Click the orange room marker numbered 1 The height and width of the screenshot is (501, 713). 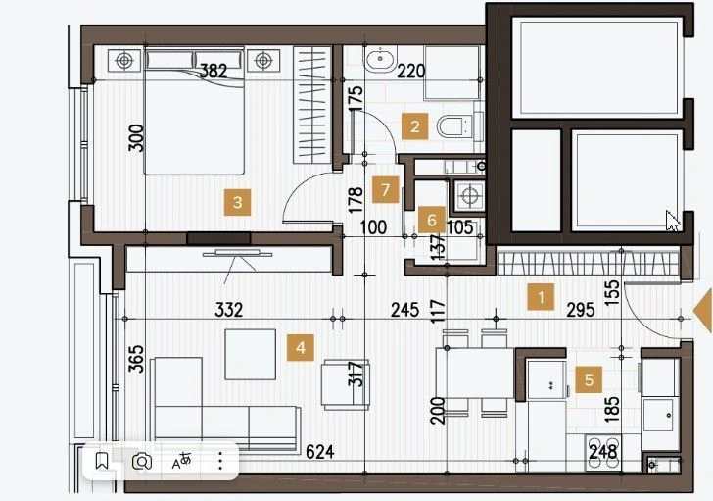coord(541,297)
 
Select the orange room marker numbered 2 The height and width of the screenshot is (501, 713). coord(414,126)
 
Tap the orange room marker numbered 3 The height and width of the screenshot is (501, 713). coord(237,203)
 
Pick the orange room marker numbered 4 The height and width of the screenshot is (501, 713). coord(300,348)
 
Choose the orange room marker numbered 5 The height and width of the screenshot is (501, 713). coord(589,379)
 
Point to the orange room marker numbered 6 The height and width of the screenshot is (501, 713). coord(432,221)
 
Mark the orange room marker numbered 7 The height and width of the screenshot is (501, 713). coord(386,189)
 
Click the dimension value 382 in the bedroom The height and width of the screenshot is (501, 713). coord(214,71)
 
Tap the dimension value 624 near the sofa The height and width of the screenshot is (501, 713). coord(320,452)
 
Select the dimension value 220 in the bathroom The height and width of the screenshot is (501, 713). coord(411,72)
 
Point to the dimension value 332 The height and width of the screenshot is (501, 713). coord(229,310)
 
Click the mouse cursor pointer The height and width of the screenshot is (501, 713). coord(673,222)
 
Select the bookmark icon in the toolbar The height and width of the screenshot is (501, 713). coord(102,461)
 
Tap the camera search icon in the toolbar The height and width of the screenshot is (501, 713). coord(142,462)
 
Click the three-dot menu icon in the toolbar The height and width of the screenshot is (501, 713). coord(220,461)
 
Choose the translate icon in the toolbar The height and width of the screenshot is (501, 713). coord(181,461)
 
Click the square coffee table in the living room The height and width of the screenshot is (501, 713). coord(251,355)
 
